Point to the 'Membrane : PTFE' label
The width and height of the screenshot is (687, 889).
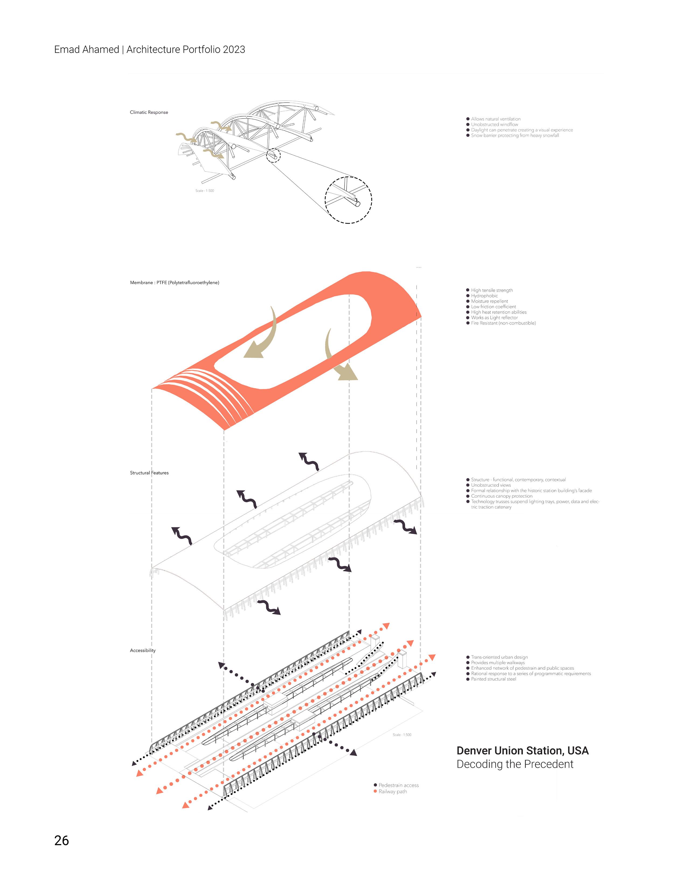coord(174,283)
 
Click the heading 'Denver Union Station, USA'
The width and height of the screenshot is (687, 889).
coord(522,751)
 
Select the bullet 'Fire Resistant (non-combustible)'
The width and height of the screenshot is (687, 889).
coord(503,323)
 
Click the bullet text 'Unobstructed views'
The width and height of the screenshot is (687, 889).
coord(490,485)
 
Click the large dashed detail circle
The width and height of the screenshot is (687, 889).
coord(348,200)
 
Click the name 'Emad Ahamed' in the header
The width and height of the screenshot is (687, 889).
coord(86,50)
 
